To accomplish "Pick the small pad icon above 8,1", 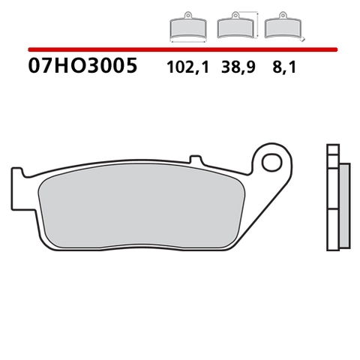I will point(282,28).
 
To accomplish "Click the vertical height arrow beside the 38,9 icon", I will point(256,25).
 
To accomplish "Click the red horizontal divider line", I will point(180,49).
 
